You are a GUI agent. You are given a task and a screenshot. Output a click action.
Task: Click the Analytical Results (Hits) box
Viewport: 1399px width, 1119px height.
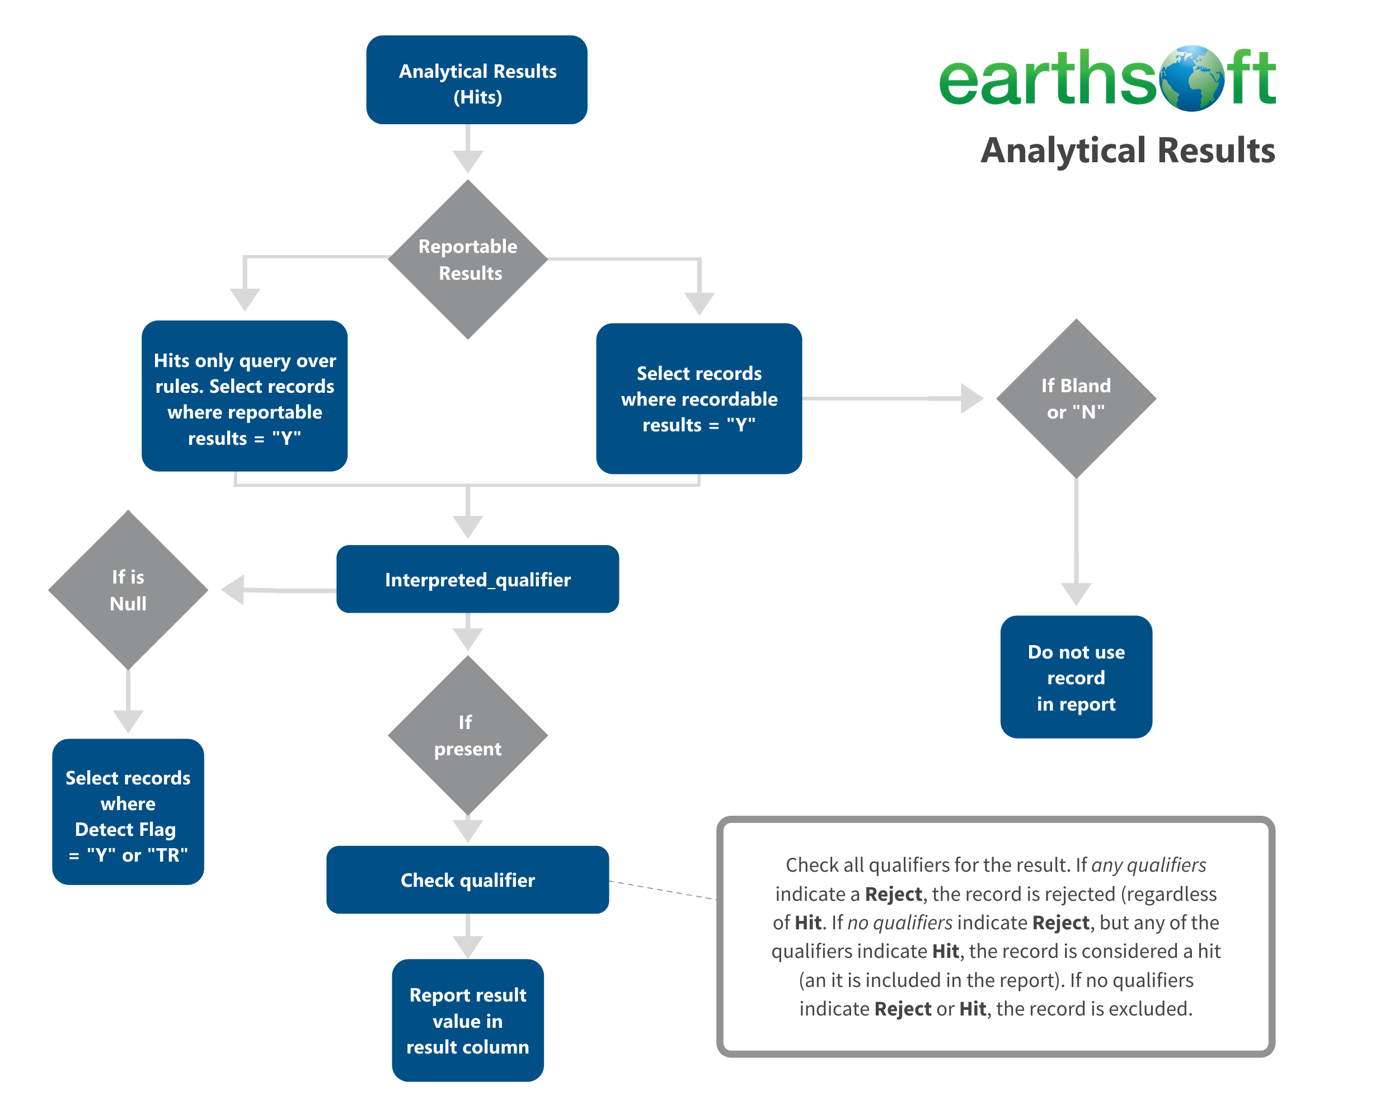tap(477, 80)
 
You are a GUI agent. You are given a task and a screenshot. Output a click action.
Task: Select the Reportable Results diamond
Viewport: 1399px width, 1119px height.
tap(468, 260)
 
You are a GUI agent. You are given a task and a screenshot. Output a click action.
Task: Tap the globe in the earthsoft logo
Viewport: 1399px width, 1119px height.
tap(1192, 78)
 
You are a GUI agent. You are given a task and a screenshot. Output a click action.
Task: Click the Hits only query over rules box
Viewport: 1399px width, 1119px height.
tap(245, 396)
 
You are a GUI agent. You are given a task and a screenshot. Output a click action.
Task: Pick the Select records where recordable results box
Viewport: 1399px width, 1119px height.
tap(699, 398)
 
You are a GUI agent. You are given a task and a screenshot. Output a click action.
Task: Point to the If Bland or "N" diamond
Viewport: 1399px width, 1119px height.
tap(1076, 398)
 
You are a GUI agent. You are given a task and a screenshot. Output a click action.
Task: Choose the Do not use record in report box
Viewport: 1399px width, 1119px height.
tap(1076, 676)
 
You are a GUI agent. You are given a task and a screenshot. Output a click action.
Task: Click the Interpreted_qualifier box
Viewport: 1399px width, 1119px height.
tap(477, 579)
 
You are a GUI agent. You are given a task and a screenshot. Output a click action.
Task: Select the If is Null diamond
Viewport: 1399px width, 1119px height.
tap(128, 590)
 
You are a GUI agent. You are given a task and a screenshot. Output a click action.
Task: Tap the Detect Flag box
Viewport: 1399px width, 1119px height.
tap(128, 811)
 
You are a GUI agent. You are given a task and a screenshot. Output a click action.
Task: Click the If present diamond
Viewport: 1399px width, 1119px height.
tap(468, 735)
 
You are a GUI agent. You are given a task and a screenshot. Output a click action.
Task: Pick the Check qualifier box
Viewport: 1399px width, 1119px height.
tap(468, 880)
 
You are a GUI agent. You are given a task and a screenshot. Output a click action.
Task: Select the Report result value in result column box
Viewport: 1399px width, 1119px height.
tap(468, 1020)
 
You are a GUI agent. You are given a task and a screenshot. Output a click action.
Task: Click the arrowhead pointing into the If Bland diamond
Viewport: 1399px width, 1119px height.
tap(971, 398)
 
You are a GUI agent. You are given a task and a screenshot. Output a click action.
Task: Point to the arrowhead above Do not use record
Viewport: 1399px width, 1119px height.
tap(1076, 594)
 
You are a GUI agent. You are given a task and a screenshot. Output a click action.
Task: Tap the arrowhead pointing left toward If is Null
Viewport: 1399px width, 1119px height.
tap(233, 590)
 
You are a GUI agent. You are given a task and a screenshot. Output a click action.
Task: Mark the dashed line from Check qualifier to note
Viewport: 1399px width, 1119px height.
tap(662, 890)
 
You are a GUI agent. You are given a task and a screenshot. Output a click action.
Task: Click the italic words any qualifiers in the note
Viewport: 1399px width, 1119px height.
tap(1148, 865)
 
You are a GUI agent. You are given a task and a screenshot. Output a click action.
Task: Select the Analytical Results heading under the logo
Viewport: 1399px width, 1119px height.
tap(1127, 151)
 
